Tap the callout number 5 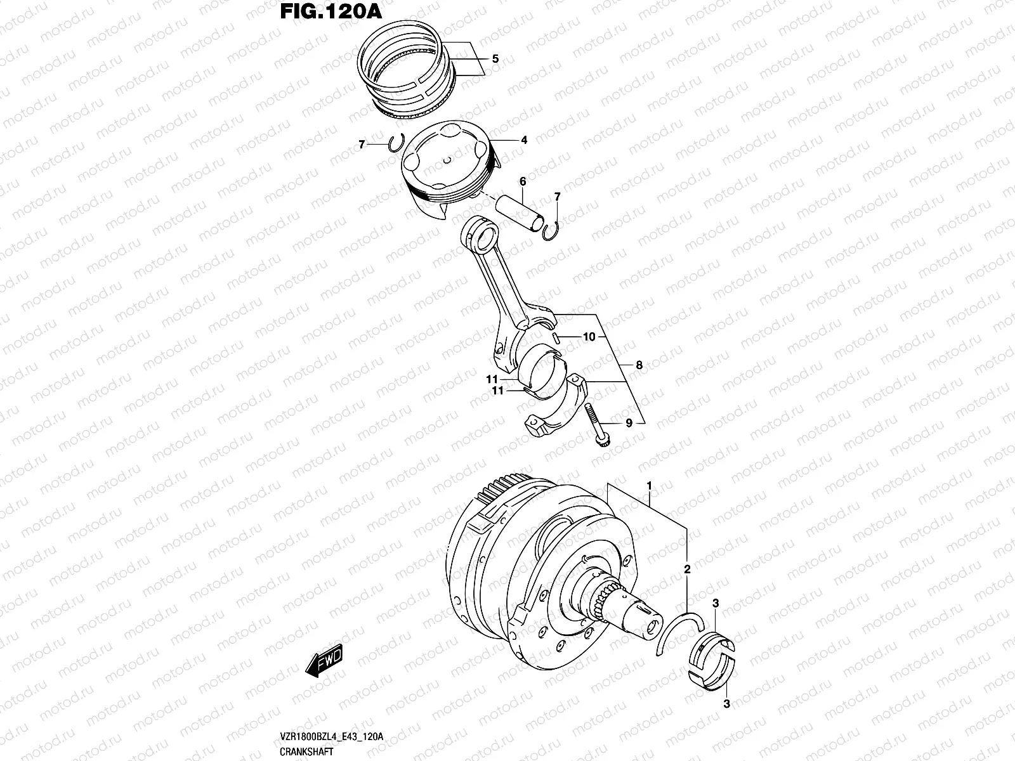[495, 59]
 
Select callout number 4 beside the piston [524, 140]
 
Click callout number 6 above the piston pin [523, 182]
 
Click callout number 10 [589, 337]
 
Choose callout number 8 [639, 365]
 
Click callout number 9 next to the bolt [629, 423]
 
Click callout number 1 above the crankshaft [650, 486]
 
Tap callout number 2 [686, 570]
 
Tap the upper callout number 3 [716, 603]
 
